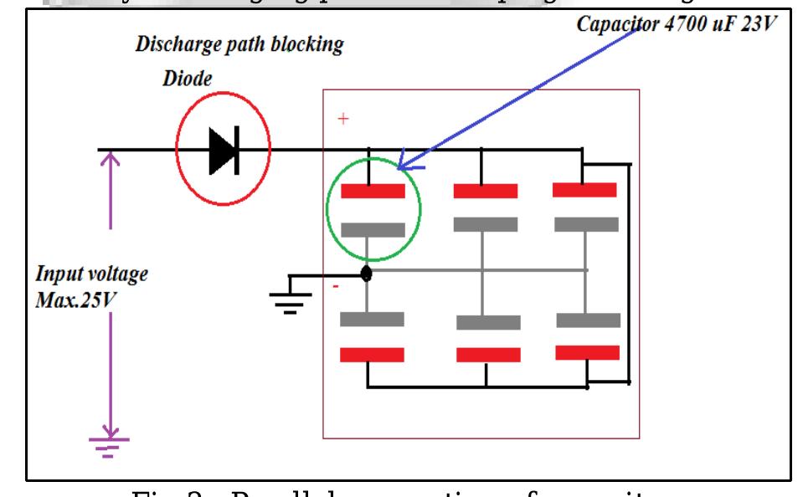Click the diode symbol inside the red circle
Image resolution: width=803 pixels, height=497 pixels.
[223, 151]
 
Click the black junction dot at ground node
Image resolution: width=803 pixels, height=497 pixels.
[366, 274]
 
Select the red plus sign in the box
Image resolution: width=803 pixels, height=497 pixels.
[342, 120]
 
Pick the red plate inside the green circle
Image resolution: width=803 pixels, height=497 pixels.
[373, 192]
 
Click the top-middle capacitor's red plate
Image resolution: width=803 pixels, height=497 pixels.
[486, 192]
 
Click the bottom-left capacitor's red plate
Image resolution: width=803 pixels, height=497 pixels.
[372, 355]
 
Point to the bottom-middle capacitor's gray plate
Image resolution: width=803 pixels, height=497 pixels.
[488, 322]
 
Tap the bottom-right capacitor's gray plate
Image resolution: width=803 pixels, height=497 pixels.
[589, 320]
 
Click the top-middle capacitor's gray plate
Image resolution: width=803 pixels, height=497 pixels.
[486, 224]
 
